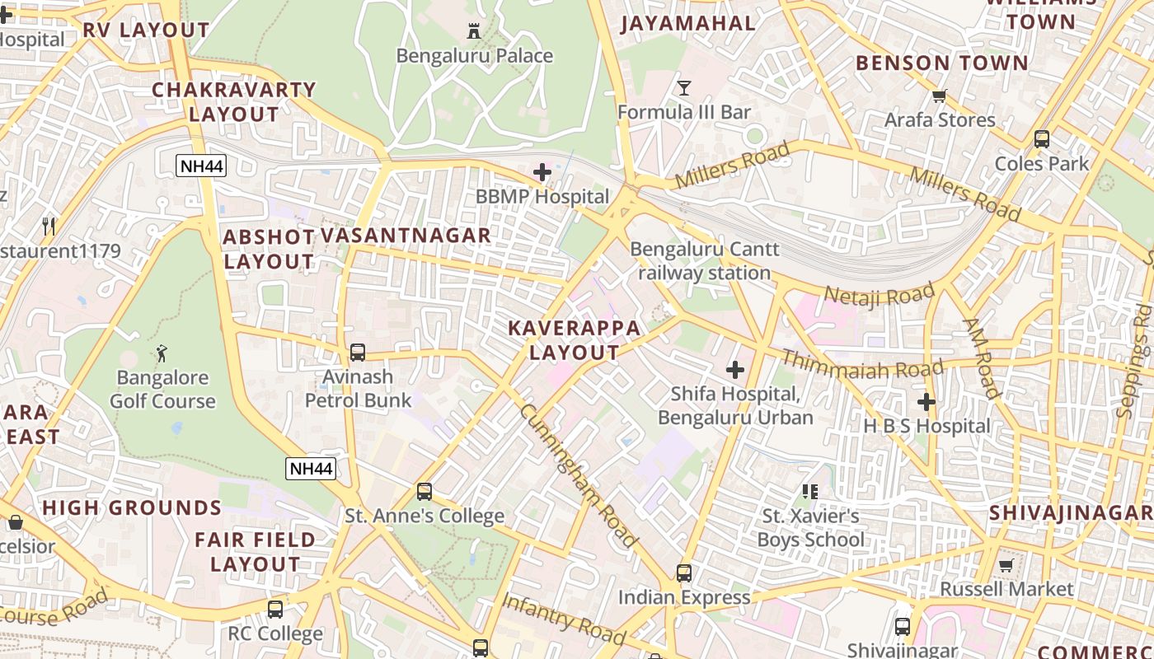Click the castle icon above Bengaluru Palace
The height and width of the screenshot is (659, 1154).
pyautogui.click(x=474, y=31)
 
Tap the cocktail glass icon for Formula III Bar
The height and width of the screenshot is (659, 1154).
pyautogui.click(x=683, y=87)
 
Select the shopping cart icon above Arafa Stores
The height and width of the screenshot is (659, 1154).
pyautogui.click(x=939, y=96)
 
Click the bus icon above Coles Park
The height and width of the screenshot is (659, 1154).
pyautogui.click(x=1042, y=138)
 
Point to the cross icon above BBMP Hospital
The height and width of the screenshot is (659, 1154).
pyautogui.click(x=542, y=172)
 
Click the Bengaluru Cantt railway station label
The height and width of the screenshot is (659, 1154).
pyautogui.click(x=704, y=260)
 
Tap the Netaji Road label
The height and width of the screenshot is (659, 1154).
pyautogui.click(x=880, y=295)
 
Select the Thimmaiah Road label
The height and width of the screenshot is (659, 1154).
pyautogui.click(x=861, y=364)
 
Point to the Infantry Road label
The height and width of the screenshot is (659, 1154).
pyautogui.click(x=563, y=618)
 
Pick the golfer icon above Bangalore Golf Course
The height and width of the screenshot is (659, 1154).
pyautogui.click(x=162, y=353)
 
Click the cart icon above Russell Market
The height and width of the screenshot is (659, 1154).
pyautogui.click(x=1006, y=565)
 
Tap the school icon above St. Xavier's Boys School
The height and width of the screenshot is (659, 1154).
pyautogui.click(x=810, y=492)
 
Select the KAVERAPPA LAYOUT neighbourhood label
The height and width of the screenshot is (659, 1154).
pyautogui.click(x=575, y=340)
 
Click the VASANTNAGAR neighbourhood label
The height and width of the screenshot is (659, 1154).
pyautogui.click(x=406, y=236)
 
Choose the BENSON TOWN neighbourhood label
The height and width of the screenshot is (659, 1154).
pyautogui.click(x=942, y=63)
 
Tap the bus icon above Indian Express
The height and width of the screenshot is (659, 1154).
pyautogui.click(x=683, y=573)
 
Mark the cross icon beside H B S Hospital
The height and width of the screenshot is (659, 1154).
pyautogui.click(x=926, y=402)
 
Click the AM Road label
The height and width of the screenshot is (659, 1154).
pyautogui.click(x=981, y=358)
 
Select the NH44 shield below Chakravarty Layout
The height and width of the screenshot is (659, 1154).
pyautogui.click(x=201, y=166)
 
